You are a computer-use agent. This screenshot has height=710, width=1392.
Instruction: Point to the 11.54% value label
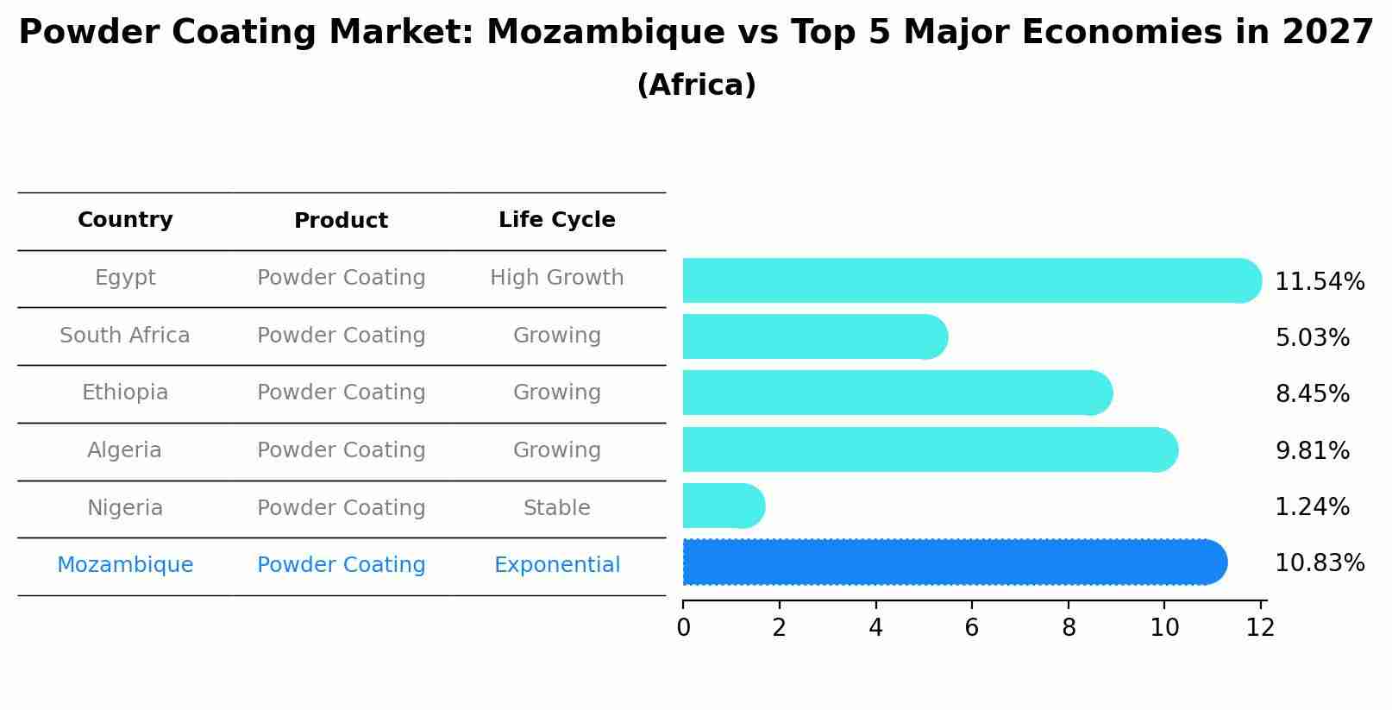pyautogui.click(x=1319, y=282)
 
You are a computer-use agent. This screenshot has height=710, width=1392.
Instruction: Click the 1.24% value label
pyautogui.click(x=1311, y=507)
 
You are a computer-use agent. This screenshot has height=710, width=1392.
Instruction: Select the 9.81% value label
pyautogui.click(x=1311, y=451)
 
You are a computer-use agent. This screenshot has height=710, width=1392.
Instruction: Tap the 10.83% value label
pyautogui.click(x=1319, y=563)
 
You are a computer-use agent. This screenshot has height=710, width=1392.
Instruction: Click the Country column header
pyautogui.click(x=125, y=220)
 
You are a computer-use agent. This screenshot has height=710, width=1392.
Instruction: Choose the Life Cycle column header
pyautogui.click(x=556, y=220)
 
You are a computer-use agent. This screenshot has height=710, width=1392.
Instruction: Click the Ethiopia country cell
pyautogui.click(x=125, y=393)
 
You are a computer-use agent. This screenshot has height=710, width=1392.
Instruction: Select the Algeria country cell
pyautogui.click(x=125, y=450)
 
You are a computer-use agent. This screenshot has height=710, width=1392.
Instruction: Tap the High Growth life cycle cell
pyautogui.click(x=556, y=278)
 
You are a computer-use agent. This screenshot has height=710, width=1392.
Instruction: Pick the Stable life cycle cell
pyautogui.click(x=556, y=508)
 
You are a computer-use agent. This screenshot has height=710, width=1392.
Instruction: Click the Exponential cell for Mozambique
pyautogui.click(x=556, y=565)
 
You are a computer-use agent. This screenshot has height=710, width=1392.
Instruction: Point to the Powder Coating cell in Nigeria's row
pyautogui.click(x=341, y=508)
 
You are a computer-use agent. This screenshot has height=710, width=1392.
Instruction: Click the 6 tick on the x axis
pyautogui.click(x=972, y=628)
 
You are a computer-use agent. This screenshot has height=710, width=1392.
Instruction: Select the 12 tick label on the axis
pyautogui.click(x=1260, y=628)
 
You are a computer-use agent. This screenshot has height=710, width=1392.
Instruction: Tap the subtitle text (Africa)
pyautogui.click(x=696, y=85)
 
